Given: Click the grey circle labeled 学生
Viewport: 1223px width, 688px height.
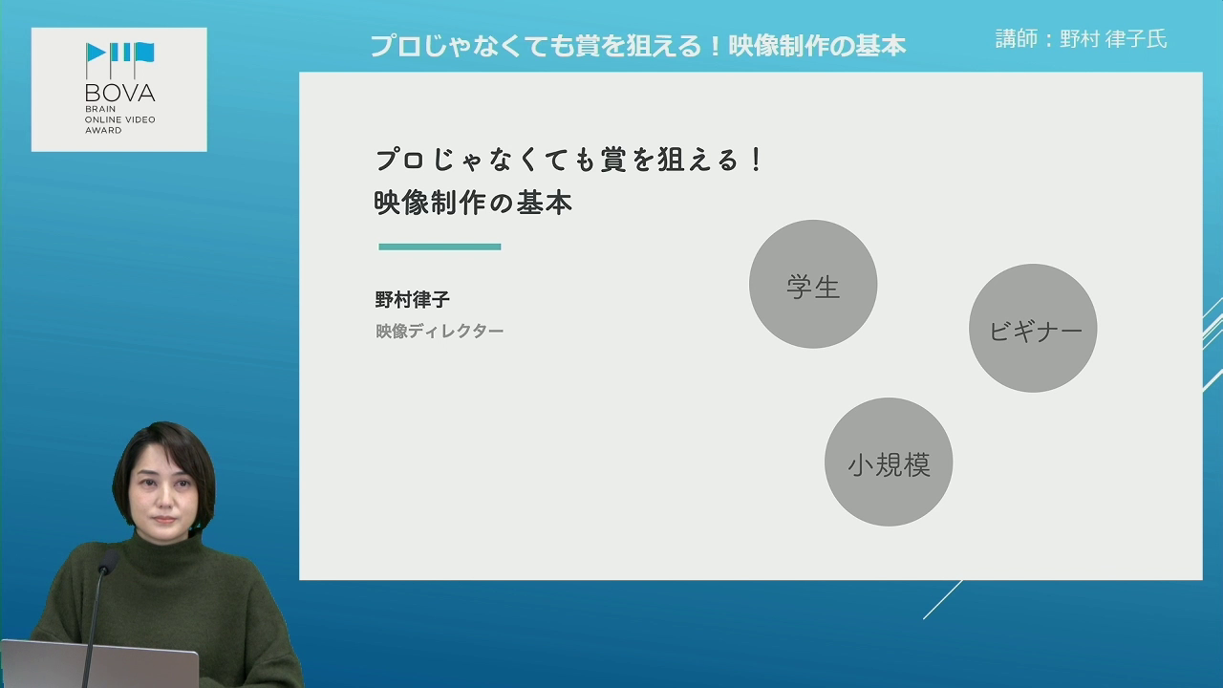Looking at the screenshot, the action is [x=813, y=284].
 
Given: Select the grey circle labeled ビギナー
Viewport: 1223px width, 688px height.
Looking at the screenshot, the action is [x=1033, y=328].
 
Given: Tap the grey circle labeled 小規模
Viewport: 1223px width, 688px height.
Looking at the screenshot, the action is [x=889, y=462].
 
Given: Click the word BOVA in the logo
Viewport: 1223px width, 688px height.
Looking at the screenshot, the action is [x=120, y=93].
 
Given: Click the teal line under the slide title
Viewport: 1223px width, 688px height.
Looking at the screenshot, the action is [x=440, y=247].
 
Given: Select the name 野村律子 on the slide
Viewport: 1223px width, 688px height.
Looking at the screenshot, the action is [x=412, y=300].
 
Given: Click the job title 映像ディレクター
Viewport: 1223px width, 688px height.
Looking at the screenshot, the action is [x=440, y=331].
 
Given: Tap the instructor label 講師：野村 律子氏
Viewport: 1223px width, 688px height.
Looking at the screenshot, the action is [x=1081, y=39].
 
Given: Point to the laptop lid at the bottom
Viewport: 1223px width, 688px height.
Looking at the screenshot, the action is [x=99, y=664].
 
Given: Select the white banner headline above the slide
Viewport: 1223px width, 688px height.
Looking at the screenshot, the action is [x=637, y=46].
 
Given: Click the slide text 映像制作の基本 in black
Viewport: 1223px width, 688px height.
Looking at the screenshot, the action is [x=473, y=204].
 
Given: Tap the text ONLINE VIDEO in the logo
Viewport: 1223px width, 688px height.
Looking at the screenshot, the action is [x=120, y=119].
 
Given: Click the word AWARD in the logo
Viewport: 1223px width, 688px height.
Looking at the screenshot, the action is [x=103, y=130].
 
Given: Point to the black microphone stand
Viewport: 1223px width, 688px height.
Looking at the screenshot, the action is [x=94, y=628].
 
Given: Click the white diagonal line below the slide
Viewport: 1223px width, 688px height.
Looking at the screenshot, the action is [x=943, y=599].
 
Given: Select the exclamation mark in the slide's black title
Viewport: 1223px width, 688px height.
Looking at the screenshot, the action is [x=756, y=160].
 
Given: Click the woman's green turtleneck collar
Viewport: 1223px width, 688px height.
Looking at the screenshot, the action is [x=163, y=551].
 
